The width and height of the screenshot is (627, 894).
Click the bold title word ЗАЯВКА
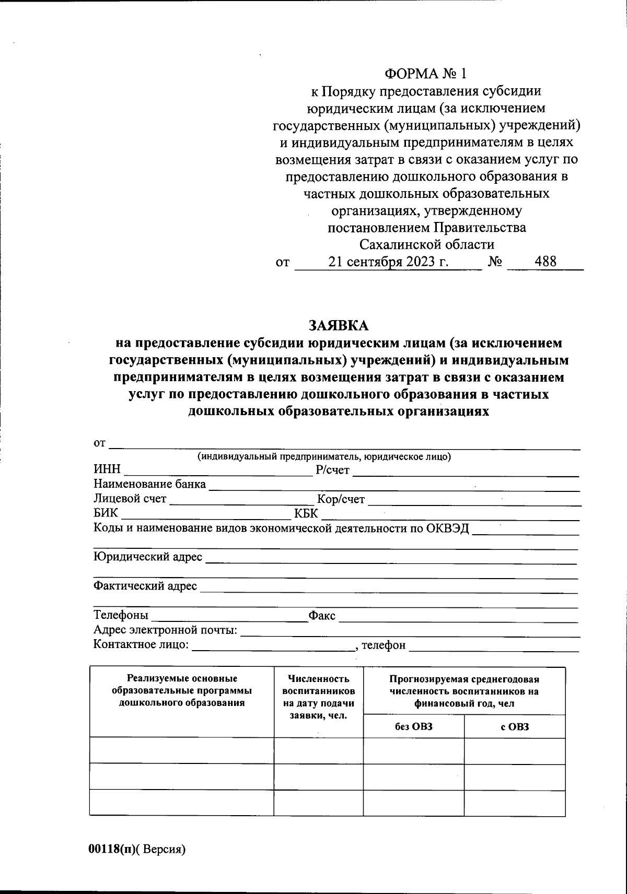(339, 326)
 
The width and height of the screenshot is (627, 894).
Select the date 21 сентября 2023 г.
(388, 262)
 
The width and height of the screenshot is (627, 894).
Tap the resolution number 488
(545, 262)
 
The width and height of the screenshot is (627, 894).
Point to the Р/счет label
(333, 470)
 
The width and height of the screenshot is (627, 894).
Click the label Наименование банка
(149, 484)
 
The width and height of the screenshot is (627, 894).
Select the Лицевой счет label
(130, 499)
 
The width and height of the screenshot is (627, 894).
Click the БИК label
(106, 513)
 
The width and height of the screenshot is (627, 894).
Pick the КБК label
(306, 514)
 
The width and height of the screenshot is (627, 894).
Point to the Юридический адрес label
(148, 557)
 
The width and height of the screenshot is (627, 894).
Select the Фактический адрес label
(145, 586)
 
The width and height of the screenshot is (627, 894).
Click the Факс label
(322, 616)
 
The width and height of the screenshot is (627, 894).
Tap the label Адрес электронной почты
(166, 630)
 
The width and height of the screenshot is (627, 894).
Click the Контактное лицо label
(141, 644)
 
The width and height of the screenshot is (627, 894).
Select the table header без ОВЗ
(414, 726)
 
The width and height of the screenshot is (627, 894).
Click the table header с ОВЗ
(515, 726)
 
